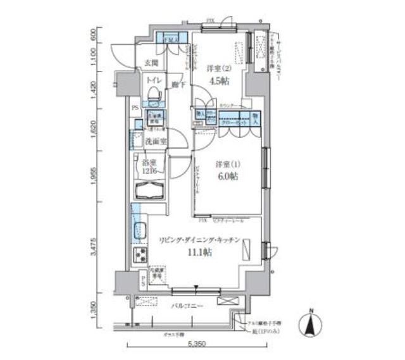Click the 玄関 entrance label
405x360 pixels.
tap(151, 63)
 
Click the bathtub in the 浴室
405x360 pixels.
tap(149, 191)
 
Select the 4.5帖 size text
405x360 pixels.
tap(218, 81)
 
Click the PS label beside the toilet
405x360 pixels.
tap(135, 108)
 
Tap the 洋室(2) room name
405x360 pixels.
tap(217, 68)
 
